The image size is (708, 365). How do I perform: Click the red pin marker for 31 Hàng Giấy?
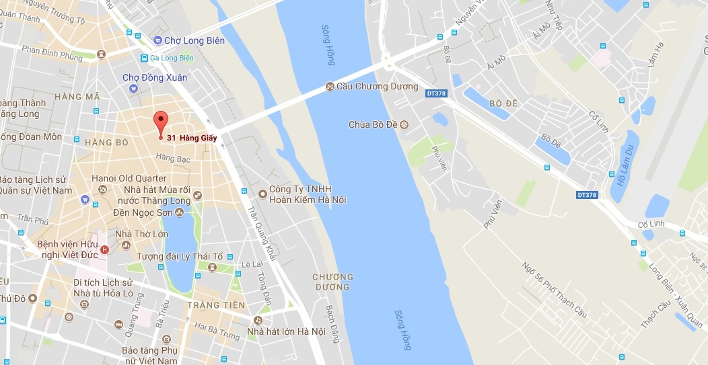pyautogui.click(x=160, y=122)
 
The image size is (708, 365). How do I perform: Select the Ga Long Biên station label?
pyautogui.click(x=172, y=58)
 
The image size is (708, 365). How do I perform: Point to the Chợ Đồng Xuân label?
pyautogui.click(x=155, y=78)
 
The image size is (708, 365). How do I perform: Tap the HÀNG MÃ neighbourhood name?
pyautogui.click(x=78, y=97)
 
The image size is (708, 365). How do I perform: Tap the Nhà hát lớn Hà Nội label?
pyautogui.click(x=286, y=331)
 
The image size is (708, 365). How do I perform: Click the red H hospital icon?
pyautogui.click(x=104, y=250)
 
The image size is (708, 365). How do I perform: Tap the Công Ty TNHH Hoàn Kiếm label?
pyautogui.click(x=307, y=194)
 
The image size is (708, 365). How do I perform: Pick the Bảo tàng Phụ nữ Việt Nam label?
pyautogui.click(x=149, y=356)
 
